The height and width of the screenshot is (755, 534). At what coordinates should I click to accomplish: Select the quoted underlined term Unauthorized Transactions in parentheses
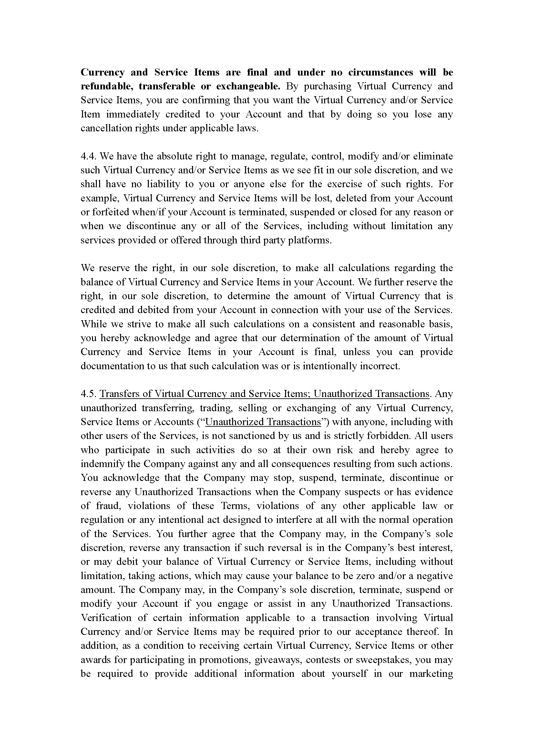(263, 422)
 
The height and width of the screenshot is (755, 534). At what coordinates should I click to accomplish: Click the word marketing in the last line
(431, 674)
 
